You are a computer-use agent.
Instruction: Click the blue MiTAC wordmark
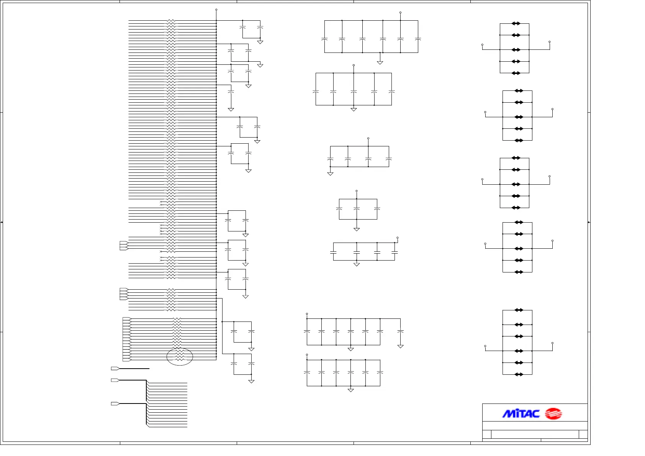(x=521, y=414)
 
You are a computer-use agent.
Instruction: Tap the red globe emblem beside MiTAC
(x=553, y=414)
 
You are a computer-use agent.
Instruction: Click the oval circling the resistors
(x=180, y=357)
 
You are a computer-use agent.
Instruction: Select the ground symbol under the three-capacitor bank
(x=357, y=229)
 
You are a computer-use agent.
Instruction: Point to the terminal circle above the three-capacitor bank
(x=357, y=191)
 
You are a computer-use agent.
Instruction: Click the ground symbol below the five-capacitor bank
(x=354, y=110)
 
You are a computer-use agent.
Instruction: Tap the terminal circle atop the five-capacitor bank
(x=354, y=65)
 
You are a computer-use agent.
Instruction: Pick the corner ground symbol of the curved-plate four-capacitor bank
(x=330, y=174)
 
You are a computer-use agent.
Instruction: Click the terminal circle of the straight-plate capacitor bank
(x=398, y=238)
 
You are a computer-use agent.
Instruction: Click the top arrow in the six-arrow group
(x=519, y=310)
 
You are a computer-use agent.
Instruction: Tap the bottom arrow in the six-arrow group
(x=519, y=374)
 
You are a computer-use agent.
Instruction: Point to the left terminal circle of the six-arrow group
(x=485, y=346)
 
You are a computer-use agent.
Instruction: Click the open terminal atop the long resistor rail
(x=216, y=10)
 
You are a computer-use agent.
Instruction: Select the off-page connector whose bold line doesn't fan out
(x=115, y=369)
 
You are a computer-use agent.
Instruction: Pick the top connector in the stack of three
(x=124, y=243)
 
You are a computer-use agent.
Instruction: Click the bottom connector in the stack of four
(x=124, y=298)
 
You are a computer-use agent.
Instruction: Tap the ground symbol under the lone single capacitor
(x=231, y=110)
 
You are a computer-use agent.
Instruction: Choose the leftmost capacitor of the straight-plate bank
(x=333, y=252)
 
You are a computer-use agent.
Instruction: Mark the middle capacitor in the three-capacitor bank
(x=357, y=209)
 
